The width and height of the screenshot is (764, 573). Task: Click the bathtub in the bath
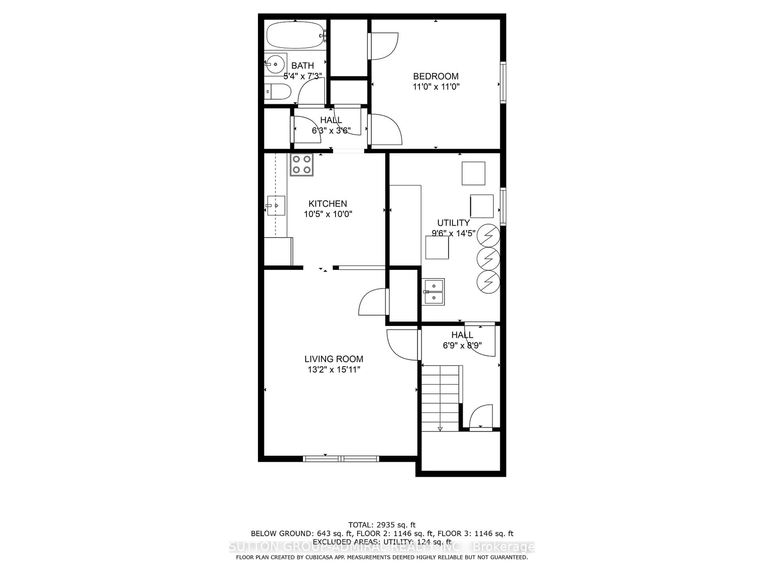pos(295,35)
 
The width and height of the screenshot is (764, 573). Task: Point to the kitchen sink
pos(276,206)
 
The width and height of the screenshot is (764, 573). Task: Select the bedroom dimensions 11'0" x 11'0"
pos(436,87)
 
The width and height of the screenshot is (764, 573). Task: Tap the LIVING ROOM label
pos(334,359)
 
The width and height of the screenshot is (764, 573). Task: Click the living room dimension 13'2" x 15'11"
pos(334,370)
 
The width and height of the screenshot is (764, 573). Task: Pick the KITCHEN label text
pos(327,204)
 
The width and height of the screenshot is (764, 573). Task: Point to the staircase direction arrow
pos(440,429)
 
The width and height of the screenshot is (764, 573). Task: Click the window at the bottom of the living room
pos(341,459)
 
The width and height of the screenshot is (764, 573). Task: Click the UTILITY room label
pos(453,223)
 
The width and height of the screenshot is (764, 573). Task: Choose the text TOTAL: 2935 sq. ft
pos(382,525)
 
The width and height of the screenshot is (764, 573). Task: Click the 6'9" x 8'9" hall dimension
pos(462,345)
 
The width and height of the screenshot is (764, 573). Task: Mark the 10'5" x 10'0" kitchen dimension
pos(328,214)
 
